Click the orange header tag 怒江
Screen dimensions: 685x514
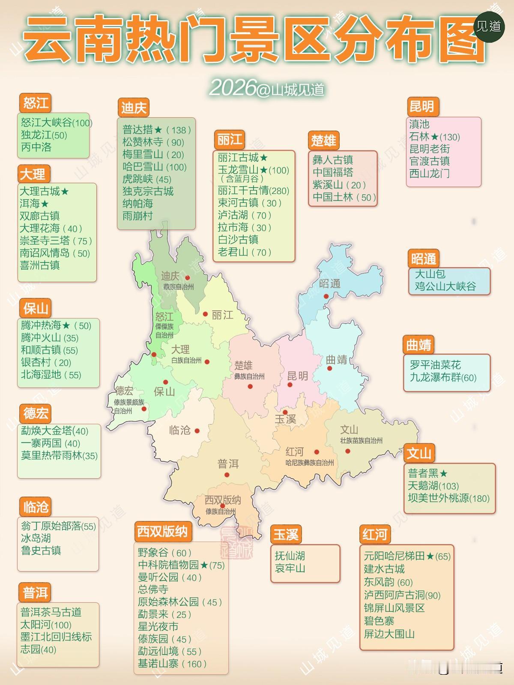click(x=35, y=103)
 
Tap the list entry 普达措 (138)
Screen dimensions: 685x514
click(x=156, y=130)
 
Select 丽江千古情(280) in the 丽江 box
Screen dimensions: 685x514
click(x=253, y=191)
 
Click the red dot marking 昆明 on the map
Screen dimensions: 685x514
click(x=290, y=385)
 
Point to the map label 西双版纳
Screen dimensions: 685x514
click(x=222, y=500)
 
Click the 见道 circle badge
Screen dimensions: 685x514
click(x=489, y=27)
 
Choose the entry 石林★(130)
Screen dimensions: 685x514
click(x=434, y=137)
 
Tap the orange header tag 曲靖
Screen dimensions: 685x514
click(x=418, y=345)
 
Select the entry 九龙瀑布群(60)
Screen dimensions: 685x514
click(x=443, y=378)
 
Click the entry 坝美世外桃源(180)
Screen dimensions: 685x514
click(x=448, y=498)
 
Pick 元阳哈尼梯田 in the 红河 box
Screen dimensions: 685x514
click(x=407, y=556)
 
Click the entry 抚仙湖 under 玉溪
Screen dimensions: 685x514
click(x=290, y=556)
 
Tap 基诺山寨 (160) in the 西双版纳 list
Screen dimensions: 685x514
click(x=172, y=664)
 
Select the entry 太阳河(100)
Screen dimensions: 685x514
click(x=46, y=625)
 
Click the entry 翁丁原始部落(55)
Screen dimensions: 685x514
click(x=58, y=526)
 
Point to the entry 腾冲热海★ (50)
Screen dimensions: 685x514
click(x=56, y=325)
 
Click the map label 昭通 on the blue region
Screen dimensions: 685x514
click(x=329, y=283)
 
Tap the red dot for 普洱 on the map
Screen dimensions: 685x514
click(x=227, y=475)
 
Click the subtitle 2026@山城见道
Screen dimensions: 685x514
click(x=266, y=89)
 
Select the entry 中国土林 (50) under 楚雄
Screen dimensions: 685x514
click(x=344, y=197)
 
